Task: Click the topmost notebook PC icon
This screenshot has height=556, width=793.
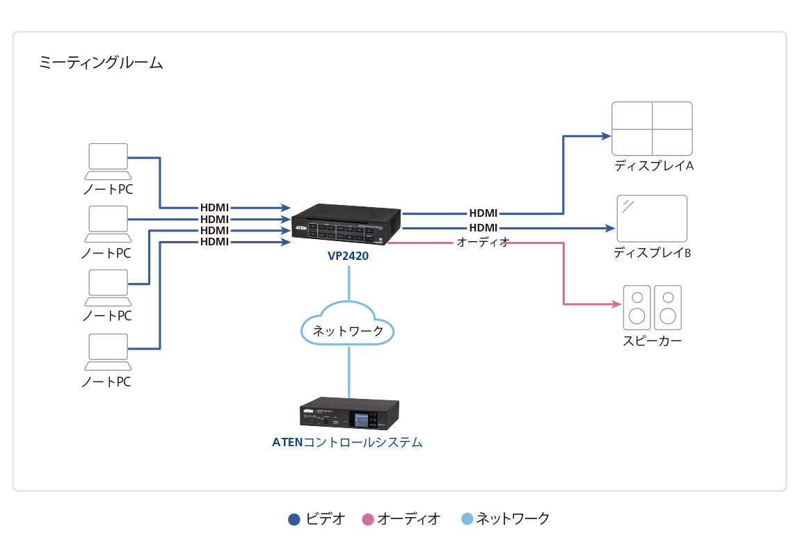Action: (109, 158)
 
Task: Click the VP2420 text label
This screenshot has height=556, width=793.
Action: (348, 256)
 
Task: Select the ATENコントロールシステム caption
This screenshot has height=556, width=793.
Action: (347, 442)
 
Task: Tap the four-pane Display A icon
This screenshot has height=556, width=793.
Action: (652, 129)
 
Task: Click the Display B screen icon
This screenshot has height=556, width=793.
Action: (652, 218)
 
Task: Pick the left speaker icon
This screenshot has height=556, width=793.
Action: (636, 307)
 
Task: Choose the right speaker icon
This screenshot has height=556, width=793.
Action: (668, 307)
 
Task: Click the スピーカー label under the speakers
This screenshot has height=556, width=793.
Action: (652, 341)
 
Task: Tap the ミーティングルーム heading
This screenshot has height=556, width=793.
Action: (102, 64)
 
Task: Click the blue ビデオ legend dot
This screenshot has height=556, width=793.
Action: (295, 519)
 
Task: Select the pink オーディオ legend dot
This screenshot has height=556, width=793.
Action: (369, 519)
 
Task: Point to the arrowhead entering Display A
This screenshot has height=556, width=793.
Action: (604, 136)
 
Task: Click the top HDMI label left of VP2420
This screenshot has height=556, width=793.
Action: (214, 208)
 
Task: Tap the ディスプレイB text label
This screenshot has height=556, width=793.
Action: (652, 253)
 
